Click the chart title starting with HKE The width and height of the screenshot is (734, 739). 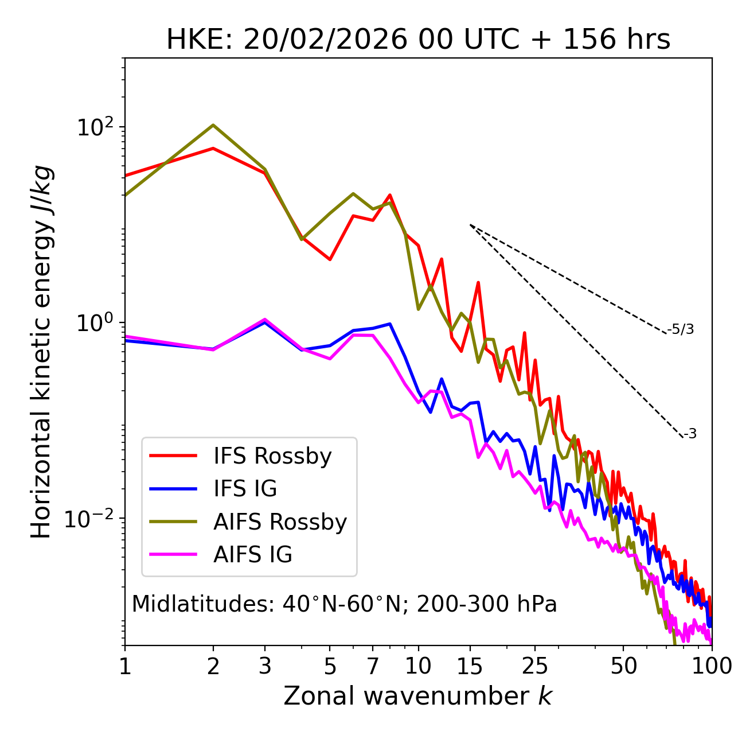[418, 40]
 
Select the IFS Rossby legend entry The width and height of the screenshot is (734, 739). [272, 456]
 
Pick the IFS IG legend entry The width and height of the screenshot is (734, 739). [245, 489]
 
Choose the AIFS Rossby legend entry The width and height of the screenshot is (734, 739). [280, 522]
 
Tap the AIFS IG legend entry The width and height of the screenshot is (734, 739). [252, 555]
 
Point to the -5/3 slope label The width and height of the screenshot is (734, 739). [681, 329]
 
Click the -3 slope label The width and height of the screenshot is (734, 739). [690, 434]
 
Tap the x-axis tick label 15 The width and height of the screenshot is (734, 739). [470, 666]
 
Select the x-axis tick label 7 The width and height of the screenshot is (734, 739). [373, 666]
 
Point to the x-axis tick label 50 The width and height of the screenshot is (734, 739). [623, 666]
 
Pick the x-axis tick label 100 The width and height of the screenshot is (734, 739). [712, 666]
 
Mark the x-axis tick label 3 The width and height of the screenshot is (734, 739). [264, 666]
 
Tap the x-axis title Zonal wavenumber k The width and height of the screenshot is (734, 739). [418, 697]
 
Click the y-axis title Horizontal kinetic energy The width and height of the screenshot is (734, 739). [42, 352]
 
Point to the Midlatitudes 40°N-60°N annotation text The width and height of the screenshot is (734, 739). [344, 604]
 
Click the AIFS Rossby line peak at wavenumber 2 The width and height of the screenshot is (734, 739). [213, 125]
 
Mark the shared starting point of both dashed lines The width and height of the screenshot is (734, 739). [470, 225]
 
